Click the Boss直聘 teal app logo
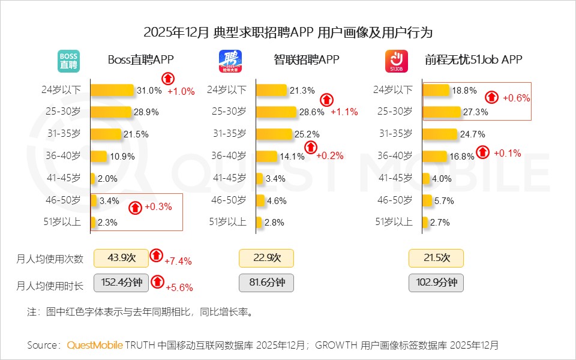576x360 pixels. [68, 61]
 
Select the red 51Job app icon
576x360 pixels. [396, 61]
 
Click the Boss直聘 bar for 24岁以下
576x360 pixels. [112, 90]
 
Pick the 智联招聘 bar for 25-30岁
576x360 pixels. [277, 112]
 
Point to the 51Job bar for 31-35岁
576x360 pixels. [440, 133]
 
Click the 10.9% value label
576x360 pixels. [123, 156]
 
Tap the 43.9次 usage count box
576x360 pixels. [122, 258]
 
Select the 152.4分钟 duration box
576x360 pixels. [122, 283]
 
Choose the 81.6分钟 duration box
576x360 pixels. [266, 283]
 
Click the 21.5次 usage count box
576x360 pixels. [436, 258]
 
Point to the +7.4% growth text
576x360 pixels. [178, 261]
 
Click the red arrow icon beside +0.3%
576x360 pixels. [136, 207]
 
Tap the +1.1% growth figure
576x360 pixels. [344, 112]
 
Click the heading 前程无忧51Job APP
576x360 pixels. [473, 59]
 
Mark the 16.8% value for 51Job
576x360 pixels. [462, 156]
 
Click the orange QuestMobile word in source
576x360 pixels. [95, 345]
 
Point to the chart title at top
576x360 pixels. [288, 32]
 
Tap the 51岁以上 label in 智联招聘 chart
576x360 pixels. [227, 221]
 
